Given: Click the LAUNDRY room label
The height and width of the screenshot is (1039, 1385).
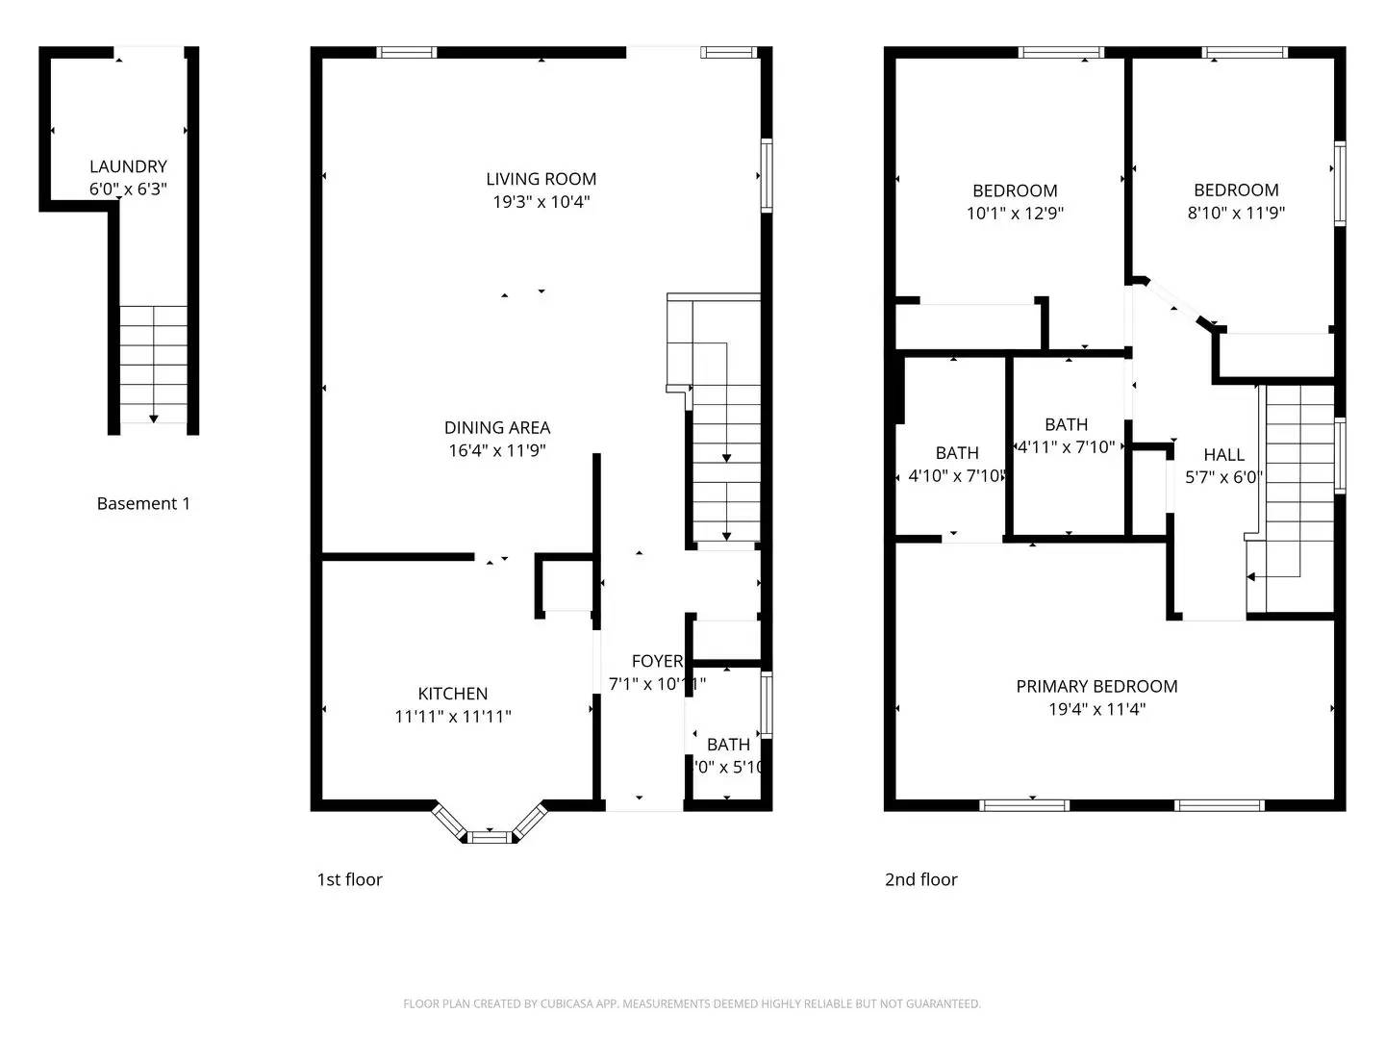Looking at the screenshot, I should (128, 166).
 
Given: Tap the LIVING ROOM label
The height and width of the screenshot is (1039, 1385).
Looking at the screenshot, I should (541, 179).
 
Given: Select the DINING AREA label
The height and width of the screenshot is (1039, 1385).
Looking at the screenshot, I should (497, 428).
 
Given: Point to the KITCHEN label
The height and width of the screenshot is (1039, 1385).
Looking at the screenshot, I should (452, 694).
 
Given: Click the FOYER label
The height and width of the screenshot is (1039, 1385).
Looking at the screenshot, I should (657, 661).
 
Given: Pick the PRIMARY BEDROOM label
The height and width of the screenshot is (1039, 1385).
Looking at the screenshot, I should (1096, 686).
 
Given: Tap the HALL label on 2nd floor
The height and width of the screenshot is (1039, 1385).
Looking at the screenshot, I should (1223, 455).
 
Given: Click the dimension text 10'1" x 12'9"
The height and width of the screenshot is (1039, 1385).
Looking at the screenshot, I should (1015, 214).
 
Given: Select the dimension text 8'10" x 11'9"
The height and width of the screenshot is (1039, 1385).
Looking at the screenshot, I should (1236, 213).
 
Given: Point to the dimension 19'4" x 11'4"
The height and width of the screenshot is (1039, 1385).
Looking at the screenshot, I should (1096, 710).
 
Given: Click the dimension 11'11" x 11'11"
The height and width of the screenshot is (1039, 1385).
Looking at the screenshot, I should (452, 717).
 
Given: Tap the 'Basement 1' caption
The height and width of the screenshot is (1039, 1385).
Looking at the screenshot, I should (143, 503).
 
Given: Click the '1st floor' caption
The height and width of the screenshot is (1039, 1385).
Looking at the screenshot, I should (349, 879).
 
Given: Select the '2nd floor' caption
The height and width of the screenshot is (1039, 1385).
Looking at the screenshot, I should (920, 879).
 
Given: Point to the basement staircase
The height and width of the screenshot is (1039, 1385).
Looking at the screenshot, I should (153, 364).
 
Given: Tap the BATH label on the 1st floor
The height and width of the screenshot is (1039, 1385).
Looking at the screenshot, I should (728, 745).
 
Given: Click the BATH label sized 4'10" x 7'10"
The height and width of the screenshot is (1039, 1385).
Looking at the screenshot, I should (956, 453).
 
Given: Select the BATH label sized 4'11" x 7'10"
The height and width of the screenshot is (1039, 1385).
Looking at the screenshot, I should (1066, 424).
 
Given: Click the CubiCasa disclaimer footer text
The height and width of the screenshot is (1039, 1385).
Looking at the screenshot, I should (692, 1003).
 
